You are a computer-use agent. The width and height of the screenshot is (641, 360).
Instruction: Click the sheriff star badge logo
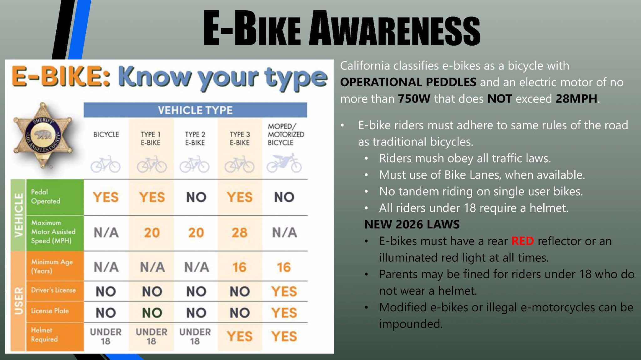43,135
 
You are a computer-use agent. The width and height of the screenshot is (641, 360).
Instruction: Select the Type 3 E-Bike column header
240,138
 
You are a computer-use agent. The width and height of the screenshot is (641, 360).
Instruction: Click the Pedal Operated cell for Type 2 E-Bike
196,197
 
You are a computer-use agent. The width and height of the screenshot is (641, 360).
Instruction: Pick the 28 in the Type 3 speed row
239,233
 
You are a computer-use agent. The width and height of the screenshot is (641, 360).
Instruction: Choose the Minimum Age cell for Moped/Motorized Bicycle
284,267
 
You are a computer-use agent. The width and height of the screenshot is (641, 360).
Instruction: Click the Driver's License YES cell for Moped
284,292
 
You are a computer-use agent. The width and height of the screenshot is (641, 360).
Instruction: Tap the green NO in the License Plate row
152,313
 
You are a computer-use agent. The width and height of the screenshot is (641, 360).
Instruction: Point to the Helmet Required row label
44,335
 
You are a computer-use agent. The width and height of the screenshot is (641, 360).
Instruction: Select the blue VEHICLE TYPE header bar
195,110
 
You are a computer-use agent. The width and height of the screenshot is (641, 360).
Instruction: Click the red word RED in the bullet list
522,241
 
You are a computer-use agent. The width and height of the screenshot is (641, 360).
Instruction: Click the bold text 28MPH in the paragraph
576,99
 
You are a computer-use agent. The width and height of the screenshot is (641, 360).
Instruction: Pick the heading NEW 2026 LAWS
412,225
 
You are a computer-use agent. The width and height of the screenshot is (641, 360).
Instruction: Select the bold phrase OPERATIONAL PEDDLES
408,82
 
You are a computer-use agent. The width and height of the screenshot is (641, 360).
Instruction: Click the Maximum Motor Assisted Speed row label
53,232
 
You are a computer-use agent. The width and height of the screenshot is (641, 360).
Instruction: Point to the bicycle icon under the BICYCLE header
105,164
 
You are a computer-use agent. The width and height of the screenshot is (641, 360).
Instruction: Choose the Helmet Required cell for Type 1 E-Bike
151,336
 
